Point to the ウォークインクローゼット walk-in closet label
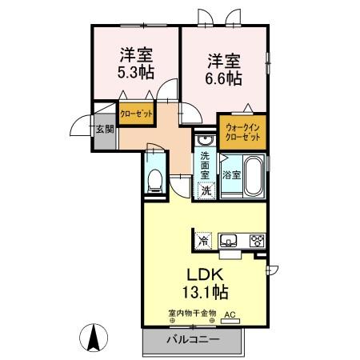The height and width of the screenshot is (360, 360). pyautogui.click(x=243, y=132)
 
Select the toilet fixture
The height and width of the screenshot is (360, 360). pyautogui.click(x=154, y=179)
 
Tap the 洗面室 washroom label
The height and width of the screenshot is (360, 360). pyautogui.click(x=206, y=164)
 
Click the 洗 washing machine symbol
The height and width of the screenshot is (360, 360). pyautogui.click(x=206, y=190)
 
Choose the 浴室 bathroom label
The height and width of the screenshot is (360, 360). pyautogui.click(x=232, y=174)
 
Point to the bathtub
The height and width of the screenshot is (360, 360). pyautogui.click(x=254, y=175)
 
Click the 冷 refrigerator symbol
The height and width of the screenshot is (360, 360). pyautogui.click(x=203, y=239)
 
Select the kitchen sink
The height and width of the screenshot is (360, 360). pyautogui.click(x=228, y=239)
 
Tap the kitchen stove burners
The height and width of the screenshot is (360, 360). pyautogui.click(x=257, y=239)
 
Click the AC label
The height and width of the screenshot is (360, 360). pyautogui.click(x=231, y=314)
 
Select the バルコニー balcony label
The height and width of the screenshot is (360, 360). pyautogui.click(x=193, y=340)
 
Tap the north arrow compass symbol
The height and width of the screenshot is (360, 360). pyautogui.click(x=94, y=338)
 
